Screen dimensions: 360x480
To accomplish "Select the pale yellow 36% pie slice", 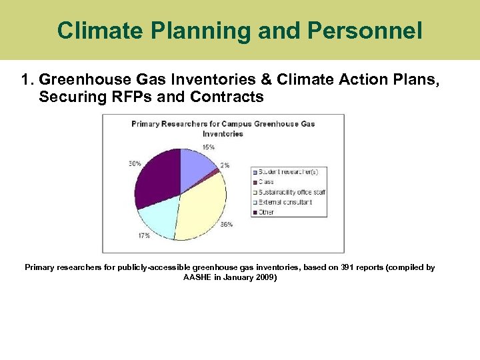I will pos(200,207).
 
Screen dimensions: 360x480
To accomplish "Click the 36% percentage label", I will pos(227,225).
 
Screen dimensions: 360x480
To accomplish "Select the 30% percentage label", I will pos(133,164).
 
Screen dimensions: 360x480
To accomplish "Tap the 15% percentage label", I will pos(209,147).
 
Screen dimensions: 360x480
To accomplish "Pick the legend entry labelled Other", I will pos(266,212).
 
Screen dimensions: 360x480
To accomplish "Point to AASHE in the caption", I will pos(196,277).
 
